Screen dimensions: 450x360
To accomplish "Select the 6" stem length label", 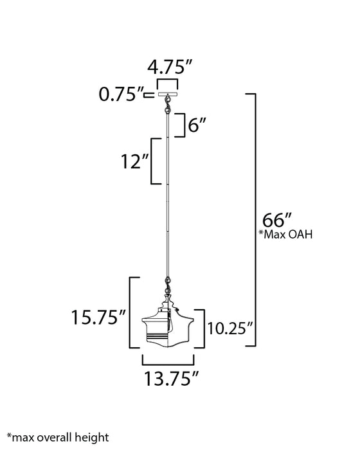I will point(197,125).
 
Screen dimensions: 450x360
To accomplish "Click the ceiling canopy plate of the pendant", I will point(168,94).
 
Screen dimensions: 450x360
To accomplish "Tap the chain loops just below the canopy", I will point(168,105).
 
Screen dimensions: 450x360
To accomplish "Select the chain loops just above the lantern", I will point(168,283).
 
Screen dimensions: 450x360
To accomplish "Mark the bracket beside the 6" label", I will point(183,123).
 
